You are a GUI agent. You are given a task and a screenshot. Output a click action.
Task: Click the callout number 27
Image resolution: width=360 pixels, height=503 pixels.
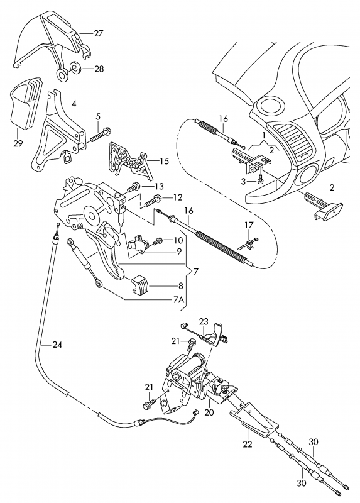(x=99, y=33)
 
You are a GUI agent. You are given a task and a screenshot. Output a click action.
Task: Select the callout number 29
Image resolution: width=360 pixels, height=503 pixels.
(x=18, y=143)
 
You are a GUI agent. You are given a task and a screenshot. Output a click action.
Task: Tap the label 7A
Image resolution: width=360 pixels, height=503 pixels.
(x=178, y=300)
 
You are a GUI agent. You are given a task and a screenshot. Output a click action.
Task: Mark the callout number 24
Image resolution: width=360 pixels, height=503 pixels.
(x=57, y=345)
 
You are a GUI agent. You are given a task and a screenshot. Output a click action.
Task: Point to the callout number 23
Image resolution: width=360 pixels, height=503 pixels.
(x=204, y=321)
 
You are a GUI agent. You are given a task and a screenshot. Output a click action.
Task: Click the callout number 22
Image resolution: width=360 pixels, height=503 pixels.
(x=248, y=444)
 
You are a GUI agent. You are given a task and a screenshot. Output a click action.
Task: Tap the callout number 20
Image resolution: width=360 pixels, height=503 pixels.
(x=209, y=412)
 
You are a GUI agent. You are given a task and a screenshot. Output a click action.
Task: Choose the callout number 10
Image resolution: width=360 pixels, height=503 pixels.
(x=178, y=240)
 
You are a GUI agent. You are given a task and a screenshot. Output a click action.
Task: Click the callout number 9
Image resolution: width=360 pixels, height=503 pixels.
(x=179, y=251)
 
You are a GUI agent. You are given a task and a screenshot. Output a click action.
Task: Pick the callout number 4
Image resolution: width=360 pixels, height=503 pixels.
(x=74, y=104)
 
